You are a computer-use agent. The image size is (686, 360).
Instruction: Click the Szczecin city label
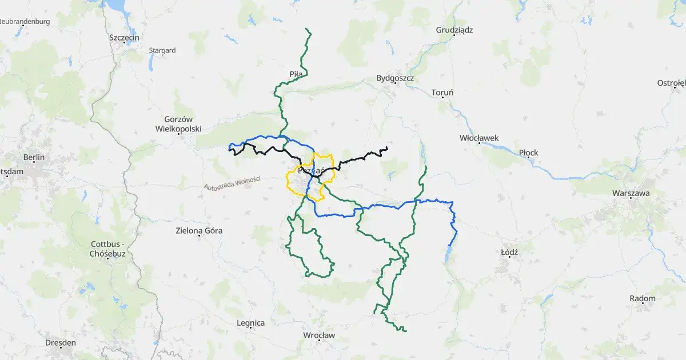point(124,38)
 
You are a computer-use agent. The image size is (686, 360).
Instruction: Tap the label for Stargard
point(162,50)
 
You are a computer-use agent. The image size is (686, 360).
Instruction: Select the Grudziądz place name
point(454,30)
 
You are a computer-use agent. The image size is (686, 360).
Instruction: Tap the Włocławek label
point(479,138)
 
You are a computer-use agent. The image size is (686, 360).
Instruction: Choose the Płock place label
point(528,153)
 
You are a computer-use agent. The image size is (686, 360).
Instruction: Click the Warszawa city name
point(631,193)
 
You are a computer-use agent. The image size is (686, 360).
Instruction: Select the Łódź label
point(509,252)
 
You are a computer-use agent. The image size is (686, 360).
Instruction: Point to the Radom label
point(643,298)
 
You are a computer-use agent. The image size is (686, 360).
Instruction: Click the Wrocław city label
point(319,335)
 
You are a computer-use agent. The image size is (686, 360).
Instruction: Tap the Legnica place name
point(250,323)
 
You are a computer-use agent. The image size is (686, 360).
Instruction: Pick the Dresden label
point(61,342)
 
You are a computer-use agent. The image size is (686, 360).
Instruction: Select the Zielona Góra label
point(198,231)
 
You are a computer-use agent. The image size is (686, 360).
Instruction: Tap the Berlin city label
point(34,157)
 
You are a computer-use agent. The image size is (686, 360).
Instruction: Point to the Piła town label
point(296,74)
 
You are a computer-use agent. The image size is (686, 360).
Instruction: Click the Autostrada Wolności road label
point(232,183)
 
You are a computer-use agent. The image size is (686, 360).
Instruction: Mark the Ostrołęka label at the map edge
point(671,83)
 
